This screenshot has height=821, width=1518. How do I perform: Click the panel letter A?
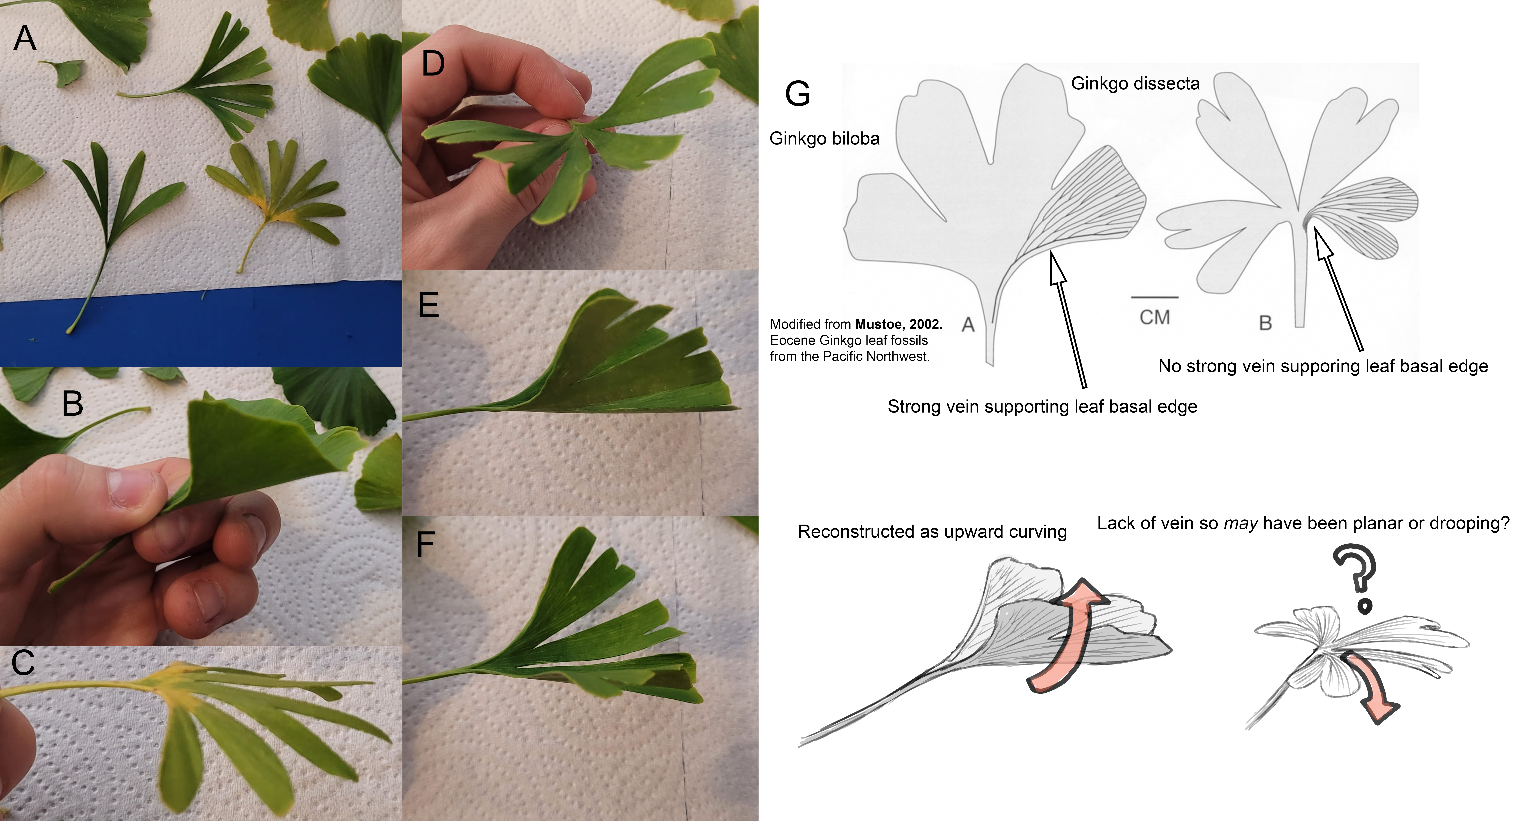(25, 39)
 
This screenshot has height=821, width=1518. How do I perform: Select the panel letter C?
(23, 662)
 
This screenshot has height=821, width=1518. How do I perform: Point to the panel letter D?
(433, 64)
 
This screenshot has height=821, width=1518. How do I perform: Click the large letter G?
(797, 94)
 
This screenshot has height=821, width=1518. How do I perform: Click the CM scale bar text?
(1154, 317)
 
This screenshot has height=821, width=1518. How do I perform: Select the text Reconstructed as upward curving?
(932, 532)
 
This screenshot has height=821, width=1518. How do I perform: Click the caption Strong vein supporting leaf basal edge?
(1042, 407)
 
